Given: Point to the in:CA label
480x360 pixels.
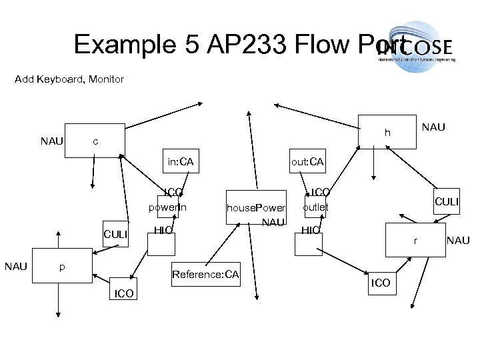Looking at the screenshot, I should (181, 161).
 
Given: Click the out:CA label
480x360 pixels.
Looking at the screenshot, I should (307, 161).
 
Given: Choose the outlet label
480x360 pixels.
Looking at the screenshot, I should (315, 207).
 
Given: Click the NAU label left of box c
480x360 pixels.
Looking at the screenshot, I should (52, 141).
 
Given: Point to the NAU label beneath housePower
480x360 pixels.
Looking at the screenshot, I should (273, 221).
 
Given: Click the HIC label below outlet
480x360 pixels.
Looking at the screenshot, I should (311, 230).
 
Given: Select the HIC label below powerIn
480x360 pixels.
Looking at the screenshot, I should (163, 230).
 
